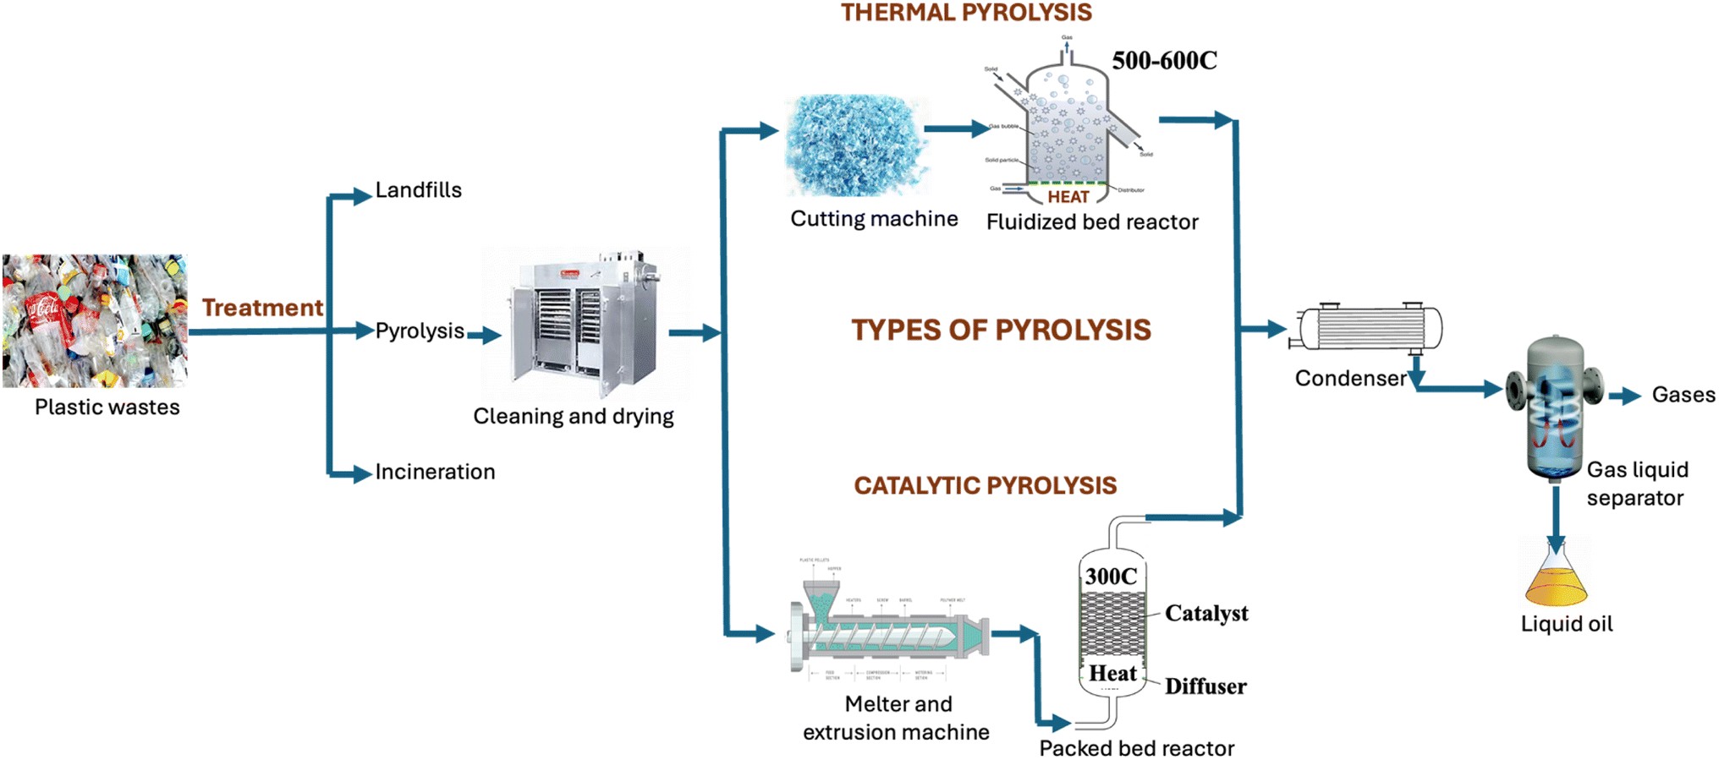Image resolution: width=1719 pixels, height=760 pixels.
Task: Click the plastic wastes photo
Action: pos(95,321)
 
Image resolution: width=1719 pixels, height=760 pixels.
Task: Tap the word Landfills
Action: pos(418,190)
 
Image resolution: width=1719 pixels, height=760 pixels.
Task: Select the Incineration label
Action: pos(435,472)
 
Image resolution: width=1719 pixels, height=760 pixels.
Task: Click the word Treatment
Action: pos(262,308)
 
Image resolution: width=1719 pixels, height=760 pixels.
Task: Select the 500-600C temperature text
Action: pos(1164,61)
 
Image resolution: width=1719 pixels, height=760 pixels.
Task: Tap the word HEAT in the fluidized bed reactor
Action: pos(1068,197)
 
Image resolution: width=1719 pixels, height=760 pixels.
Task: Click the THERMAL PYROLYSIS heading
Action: pos(966,13)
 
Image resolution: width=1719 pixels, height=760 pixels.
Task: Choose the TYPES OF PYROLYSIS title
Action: pos(1001,330)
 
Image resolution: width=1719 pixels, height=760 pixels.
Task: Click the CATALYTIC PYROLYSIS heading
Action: pos(985,485)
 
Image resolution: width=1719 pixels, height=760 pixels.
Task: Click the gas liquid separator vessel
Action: pos(1555,406)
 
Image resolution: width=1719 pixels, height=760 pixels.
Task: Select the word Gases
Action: pos(1683,395)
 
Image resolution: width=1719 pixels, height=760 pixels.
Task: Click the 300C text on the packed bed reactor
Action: pos(1111,577)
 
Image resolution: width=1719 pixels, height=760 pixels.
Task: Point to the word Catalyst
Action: pos(1205,613)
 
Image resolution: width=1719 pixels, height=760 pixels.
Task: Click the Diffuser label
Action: pos(1205,686)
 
